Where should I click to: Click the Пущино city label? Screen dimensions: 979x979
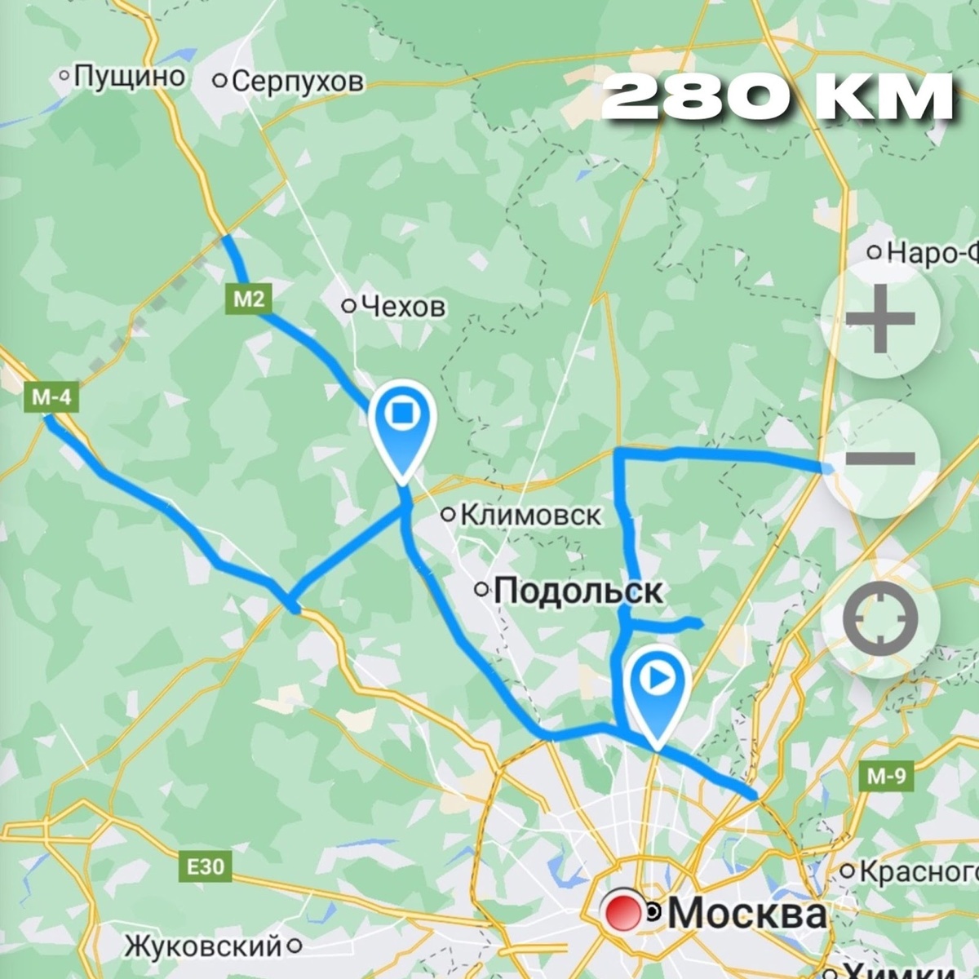(x=129, y=77)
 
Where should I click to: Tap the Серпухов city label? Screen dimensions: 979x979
(x=298, y=81)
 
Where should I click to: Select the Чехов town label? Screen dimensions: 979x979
(x=403, y=306)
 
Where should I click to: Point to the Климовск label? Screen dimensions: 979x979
(x=530, y=515)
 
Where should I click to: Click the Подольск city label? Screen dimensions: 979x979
(x=578, y=590)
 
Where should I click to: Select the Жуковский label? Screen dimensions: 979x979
(x=202, y=946)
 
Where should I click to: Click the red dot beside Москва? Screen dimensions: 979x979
(x=621, y=913)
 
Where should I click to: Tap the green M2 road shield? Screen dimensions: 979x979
(x=249, y=299)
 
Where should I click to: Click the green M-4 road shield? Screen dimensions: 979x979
(x=51, y=397)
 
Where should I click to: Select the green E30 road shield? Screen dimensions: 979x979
(x=205, y=866)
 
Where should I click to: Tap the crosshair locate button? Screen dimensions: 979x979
(x=880, y=618)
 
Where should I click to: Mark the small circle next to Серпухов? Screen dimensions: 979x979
(x=219, y=81)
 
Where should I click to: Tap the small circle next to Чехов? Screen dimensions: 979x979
(x=349, y=306)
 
